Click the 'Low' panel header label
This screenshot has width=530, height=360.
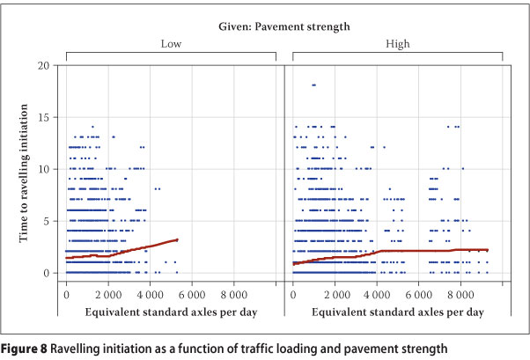coord(171,43)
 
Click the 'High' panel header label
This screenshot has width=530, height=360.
coord(398,43)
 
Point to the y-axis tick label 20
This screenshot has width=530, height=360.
coord(45,65)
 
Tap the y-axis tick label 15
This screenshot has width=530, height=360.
coord(45,117)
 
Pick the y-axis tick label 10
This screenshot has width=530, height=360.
coord(45,169)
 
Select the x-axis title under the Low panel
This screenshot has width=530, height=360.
coord(171,312)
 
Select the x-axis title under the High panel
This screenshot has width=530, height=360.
coord(398,312)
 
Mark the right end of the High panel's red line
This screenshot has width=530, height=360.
coord(487,250)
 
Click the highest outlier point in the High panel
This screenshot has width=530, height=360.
coord(313,85)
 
